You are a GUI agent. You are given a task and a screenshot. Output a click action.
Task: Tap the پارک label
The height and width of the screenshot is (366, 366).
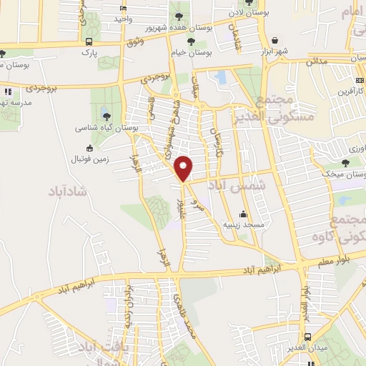pos(87,53)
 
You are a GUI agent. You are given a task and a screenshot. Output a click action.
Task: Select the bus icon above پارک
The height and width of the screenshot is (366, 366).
pos(88,41)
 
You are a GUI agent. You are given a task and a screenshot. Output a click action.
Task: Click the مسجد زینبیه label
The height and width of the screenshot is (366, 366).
pos(244,224)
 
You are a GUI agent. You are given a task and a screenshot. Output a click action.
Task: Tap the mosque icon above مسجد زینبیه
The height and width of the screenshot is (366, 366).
pos(243,213)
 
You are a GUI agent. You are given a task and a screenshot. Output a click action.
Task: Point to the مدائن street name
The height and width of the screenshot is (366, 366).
pos(317,61)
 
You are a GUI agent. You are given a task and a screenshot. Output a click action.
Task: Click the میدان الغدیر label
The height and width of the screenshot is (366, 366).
pos(310,347)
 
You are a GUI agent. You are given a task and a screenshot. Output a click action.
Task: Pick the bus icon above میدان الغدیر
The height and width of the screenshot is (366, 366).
pos(307,336)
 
